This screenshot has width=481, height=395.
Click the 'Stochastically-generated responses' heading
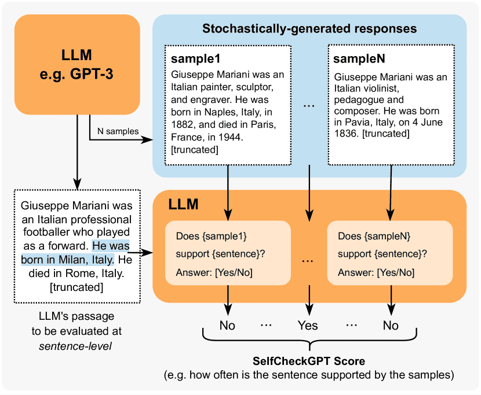coord(309,28)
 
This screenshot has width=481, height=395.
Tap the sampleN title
coord(360,60)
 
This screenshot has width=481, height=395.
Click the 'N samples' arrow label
coord(119,131)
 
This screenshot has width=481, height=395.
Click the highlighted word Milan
coord(74,259)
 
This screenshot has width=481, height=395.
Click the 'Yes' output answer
coord(308,326)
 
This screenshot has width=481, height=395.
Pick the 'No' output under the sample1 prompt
coord(227,326)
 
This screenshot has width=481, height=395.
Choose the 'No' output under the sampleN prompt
coord(391,326)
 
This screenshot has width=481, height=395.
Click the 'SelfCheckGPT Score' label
coord(308,361)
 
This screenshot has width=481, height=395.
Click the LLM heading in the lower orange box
coord(183,204)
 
